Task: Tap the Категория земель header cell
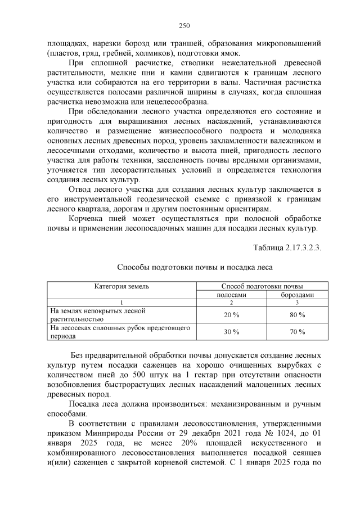coord(121,286)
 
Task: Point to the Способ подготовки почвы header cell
coord(262,286)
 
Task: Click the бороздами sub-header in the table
coord(298,294)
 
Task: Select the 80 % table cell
coord(298,314)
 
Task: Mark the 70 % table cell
coord(298,332)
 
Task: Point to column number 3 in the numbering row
coord(298,303)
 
